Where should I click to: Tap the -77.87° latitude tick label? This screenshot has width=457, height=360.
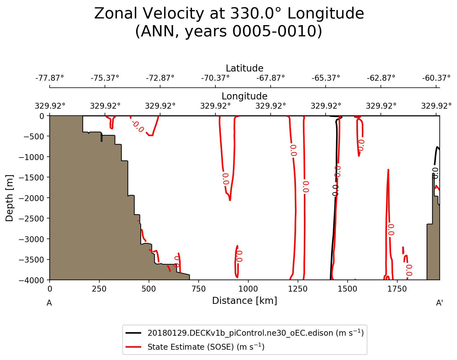[50, 78]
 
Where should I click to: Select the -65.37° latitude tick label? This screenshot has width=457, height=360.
[326, 78]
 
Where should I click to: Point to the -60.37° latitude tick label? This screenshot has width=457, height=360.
[436, 78]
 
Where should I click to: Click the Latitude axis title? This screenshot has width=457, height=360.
[244, 68]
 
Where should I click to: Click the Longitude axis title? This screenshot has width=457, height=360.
[244, 96]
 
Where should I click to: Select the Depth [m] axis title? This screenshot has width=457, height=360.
[9, 198]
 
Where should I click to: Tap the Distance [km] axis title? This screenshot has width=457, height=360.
[244, 301]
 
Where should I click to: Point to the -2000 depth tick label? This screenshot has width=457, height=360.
[31, 198]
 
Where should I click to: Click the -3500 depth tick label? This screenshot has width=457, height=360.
[31, 259]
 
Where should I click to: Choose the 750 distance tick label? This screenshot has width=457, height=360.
[198, 289]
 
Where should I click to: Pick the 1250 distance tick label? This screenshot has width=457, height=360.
[298, 289]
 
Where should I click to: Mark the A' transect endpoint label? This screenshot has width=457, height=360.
[439, 303]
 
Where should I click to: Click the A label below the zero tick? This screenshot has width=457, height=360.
[49, 303]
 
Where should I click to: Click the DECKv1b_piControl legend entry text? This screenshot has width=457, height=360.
[255, 333]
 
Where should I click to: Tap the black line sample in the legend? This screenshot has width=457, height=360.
[134, 333]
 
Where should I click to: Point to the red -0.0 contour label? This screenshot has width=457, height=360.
[137, 126]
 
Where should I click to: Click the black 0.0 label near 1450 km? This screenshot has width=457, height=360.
[335, 190]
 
